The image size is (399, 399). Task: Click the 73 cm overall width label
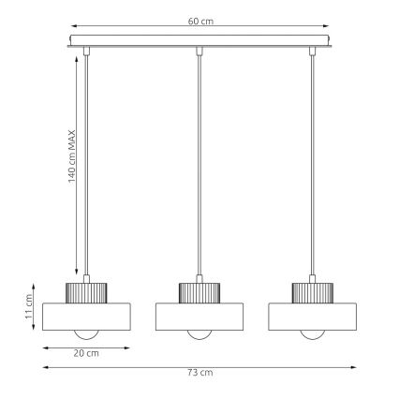(x=198, y=372)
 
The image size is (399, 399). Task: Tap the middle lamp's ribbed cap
(x=198, y=290)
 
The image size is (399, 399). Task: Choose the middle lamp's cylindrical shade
(x=198, y=316)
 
